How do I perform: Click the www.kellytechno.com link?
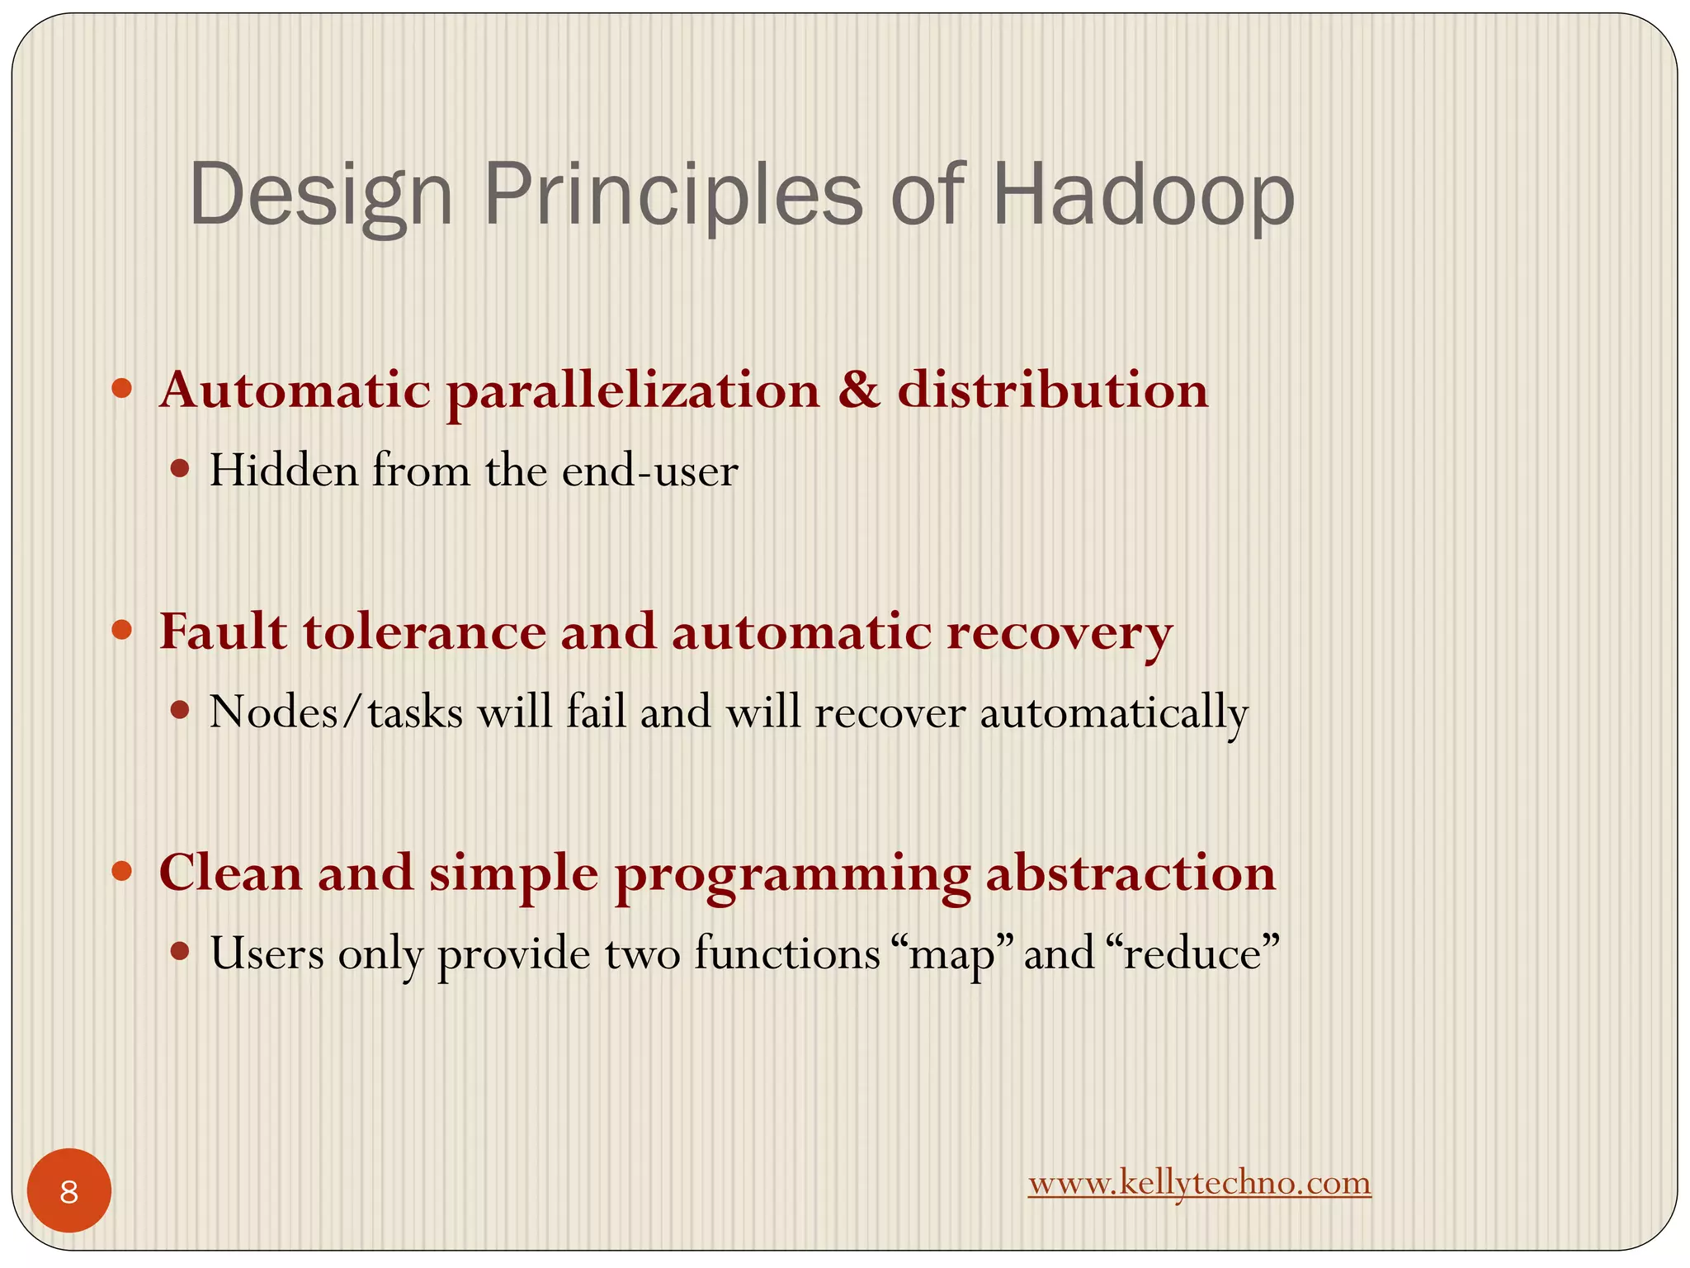point(1199,1182)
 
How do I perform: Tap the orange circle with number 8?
point(69,1190)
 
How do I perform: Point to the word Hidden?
point(284,471)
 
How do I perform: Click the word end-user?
point(649,471)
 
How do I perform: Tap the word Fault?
point(223,632)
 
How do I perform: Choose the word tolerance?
point(424,632)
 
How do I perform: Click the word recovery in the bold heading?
point(1060,632)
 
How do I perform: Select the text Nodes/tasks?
point(336,712)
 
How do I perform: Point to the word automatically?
point(1114,712)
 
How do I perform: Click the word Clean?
point(230,873)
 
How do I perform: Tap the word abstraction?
point(1131,873)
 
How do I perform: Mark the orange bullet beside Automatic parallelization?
point(122,389)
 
